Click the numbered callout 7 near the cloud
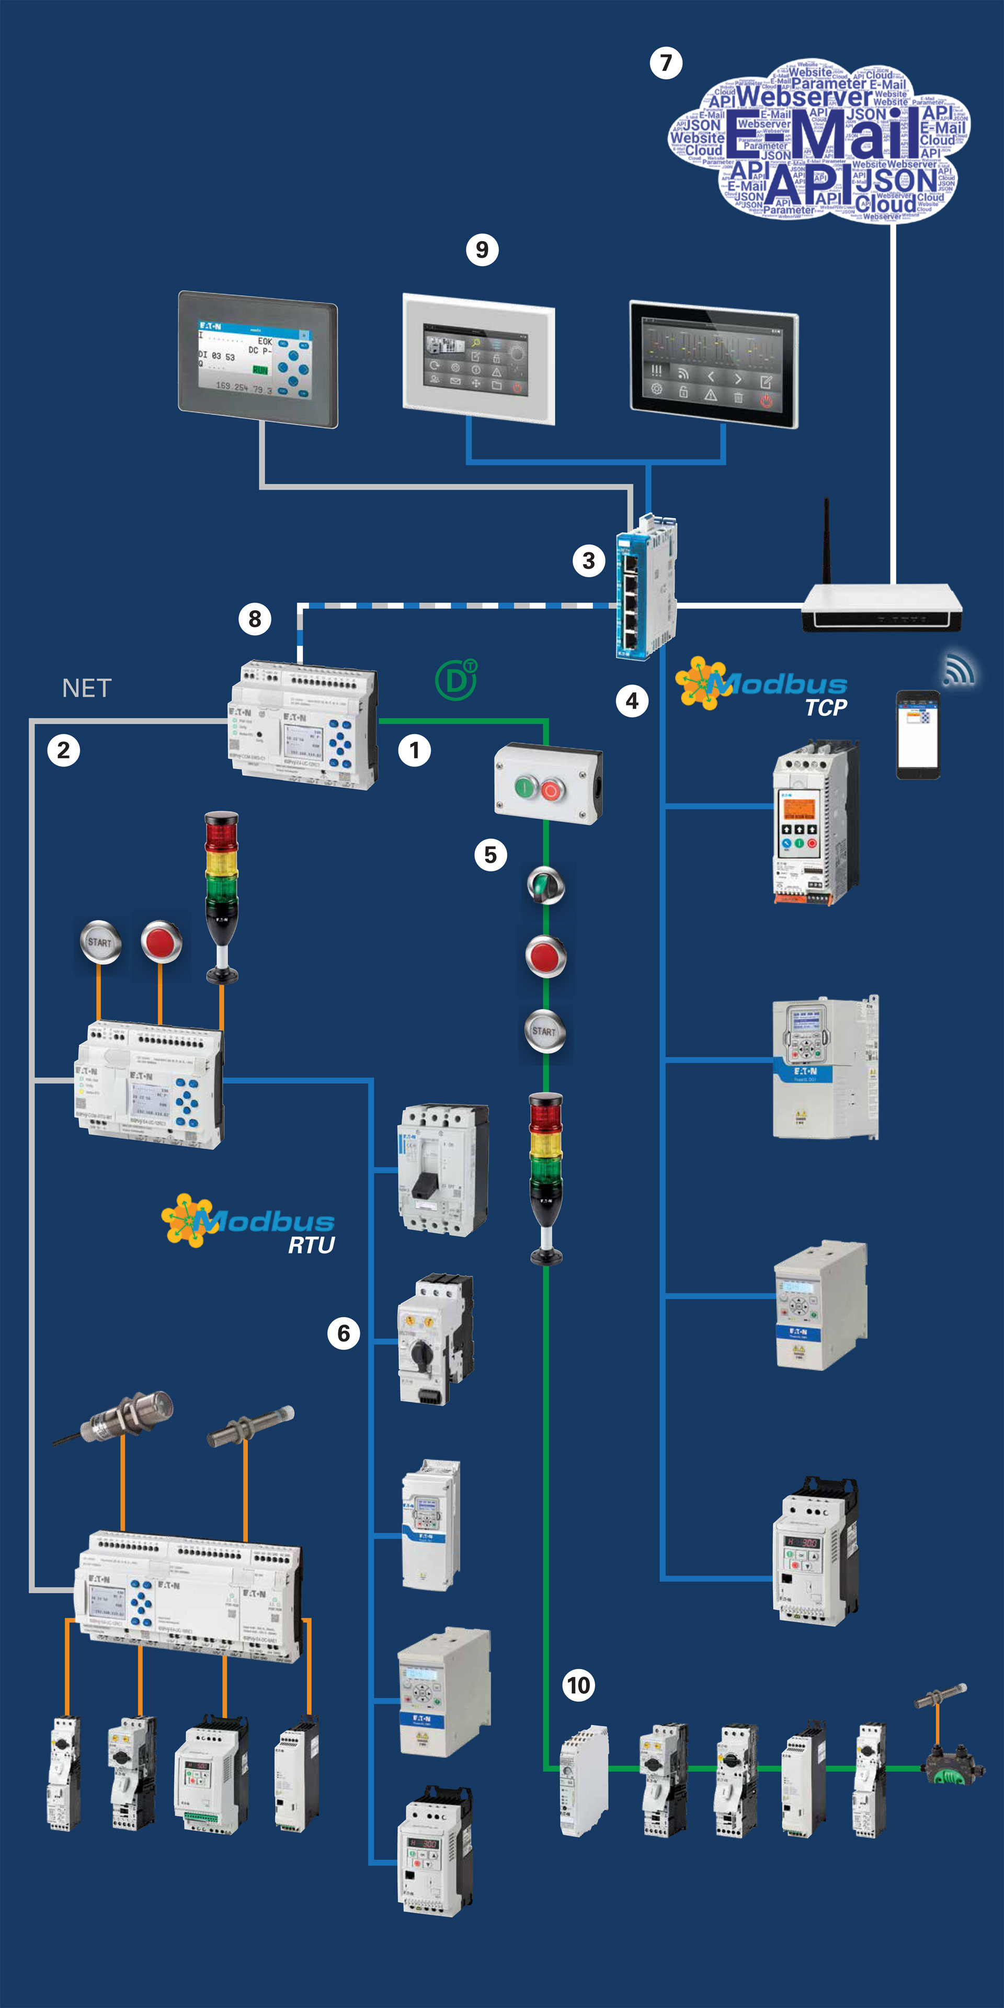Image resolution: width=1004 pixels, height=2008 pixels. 666,63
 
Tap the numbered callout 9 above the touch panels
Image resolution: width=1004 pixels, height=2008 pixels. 482,250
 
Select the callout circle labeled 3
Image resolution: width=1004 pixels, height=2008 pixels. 588,561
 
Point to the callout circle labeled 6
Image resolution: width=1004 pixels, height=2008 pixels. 343,1334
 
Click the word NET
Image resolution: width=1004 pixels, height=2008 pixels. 86,688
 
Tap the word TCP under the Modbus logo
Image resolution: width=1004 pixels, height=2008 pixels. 826,708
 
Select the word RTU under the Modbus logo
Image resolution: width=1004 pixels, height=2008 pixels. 311,1245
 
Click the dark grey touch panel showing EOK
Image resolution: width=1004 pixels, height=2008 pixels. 258,359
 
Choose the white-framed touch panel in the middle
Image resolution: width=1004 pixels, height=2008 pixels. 478,359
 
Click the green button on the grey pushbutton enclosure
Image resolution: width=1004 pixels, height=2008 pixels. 526,789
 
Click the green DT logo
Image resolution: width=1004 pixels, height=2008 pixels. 456,680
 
